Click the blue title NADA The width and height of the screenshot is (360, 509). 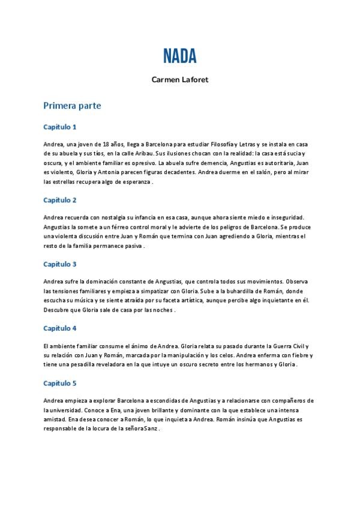coord(179,56)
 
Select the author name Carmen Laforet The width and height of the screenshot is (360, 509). coord(179,79)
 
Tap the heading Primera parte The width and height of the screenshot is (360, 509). coord(72,106)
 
